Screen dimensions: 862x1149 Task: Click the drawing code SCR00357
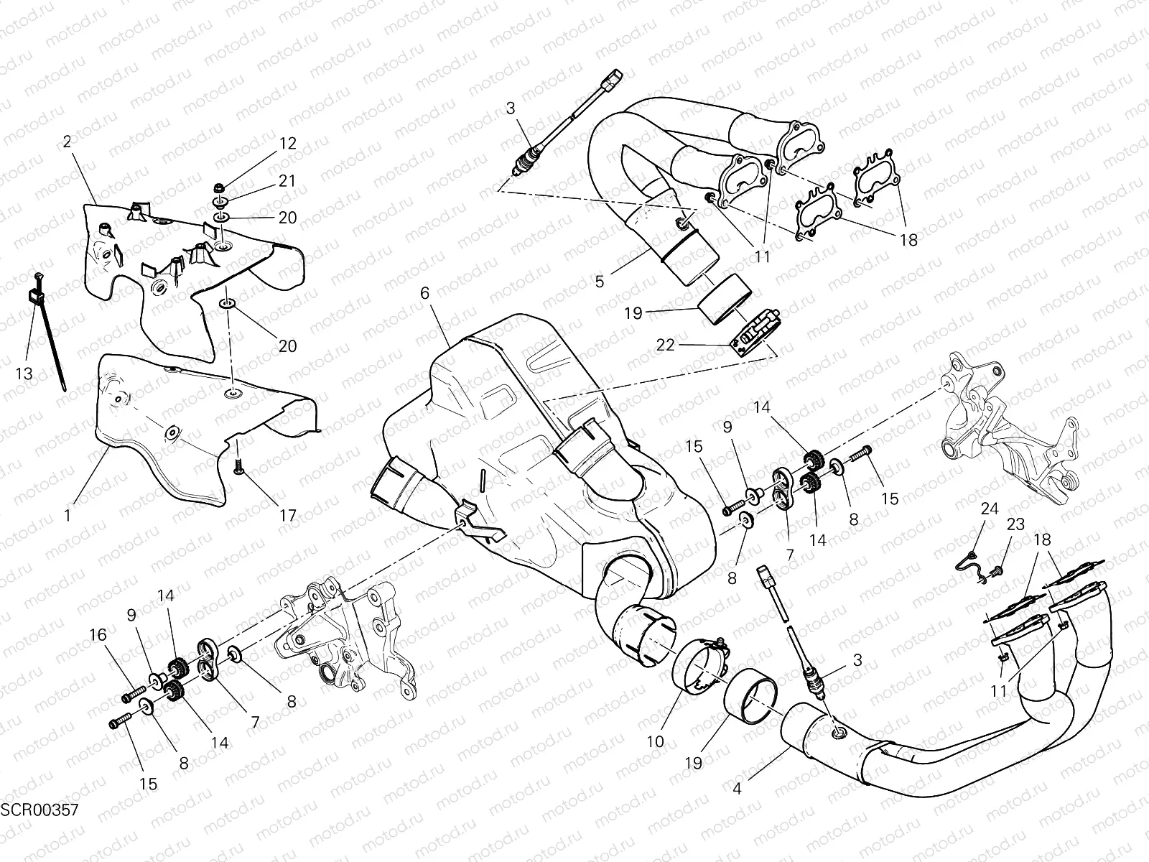pyautogui.click(x=39, y=810)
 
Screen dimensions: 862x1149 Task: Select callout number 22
pyautogui.click(x=665, y=345)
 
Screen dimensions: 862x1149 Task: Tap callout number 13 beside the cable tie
pyautogui.click(x=27, y=374)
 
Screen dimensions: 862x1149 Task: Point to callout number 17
pyautogui.click(x=287, y=515)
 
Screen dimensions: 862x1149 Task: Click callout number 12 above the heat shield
pyautogui.click(x=287, y=143)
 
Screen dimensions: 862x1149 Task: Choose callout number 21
pyautogui.click(x=287, y=181)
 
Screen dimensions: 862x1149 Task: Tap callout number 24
pyautogui.click(x=990, y=509)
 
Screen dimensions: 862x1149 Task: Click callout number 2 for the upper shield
pyautogui.click(x=67, y=142)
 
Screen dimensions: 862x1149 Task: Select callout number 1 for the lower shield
pyautogui.click(x=67, y=515)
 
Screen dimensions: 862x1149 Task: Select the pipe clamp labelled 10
pyautogui.click(x=700, y=667)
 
